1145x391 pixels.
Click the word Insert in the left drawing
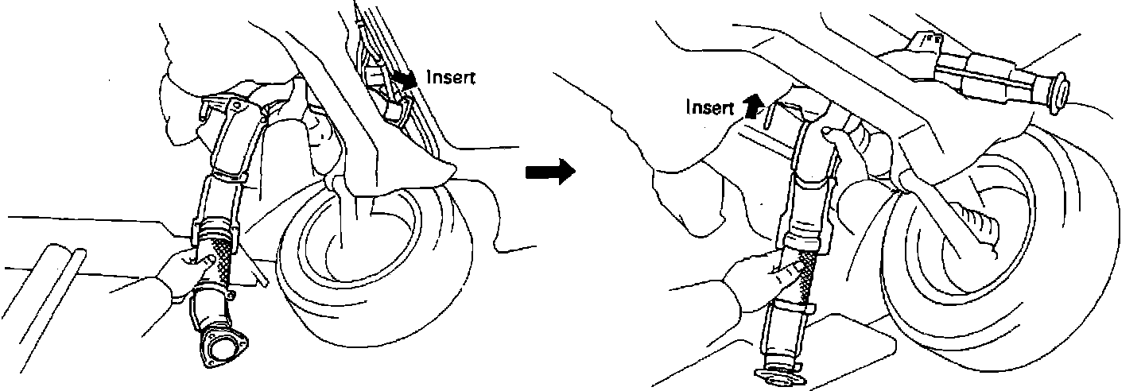[452, 78]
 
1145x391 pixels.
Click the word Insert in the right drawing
[709, 107]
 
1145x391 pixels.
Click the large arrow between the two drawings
[550, 171]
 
